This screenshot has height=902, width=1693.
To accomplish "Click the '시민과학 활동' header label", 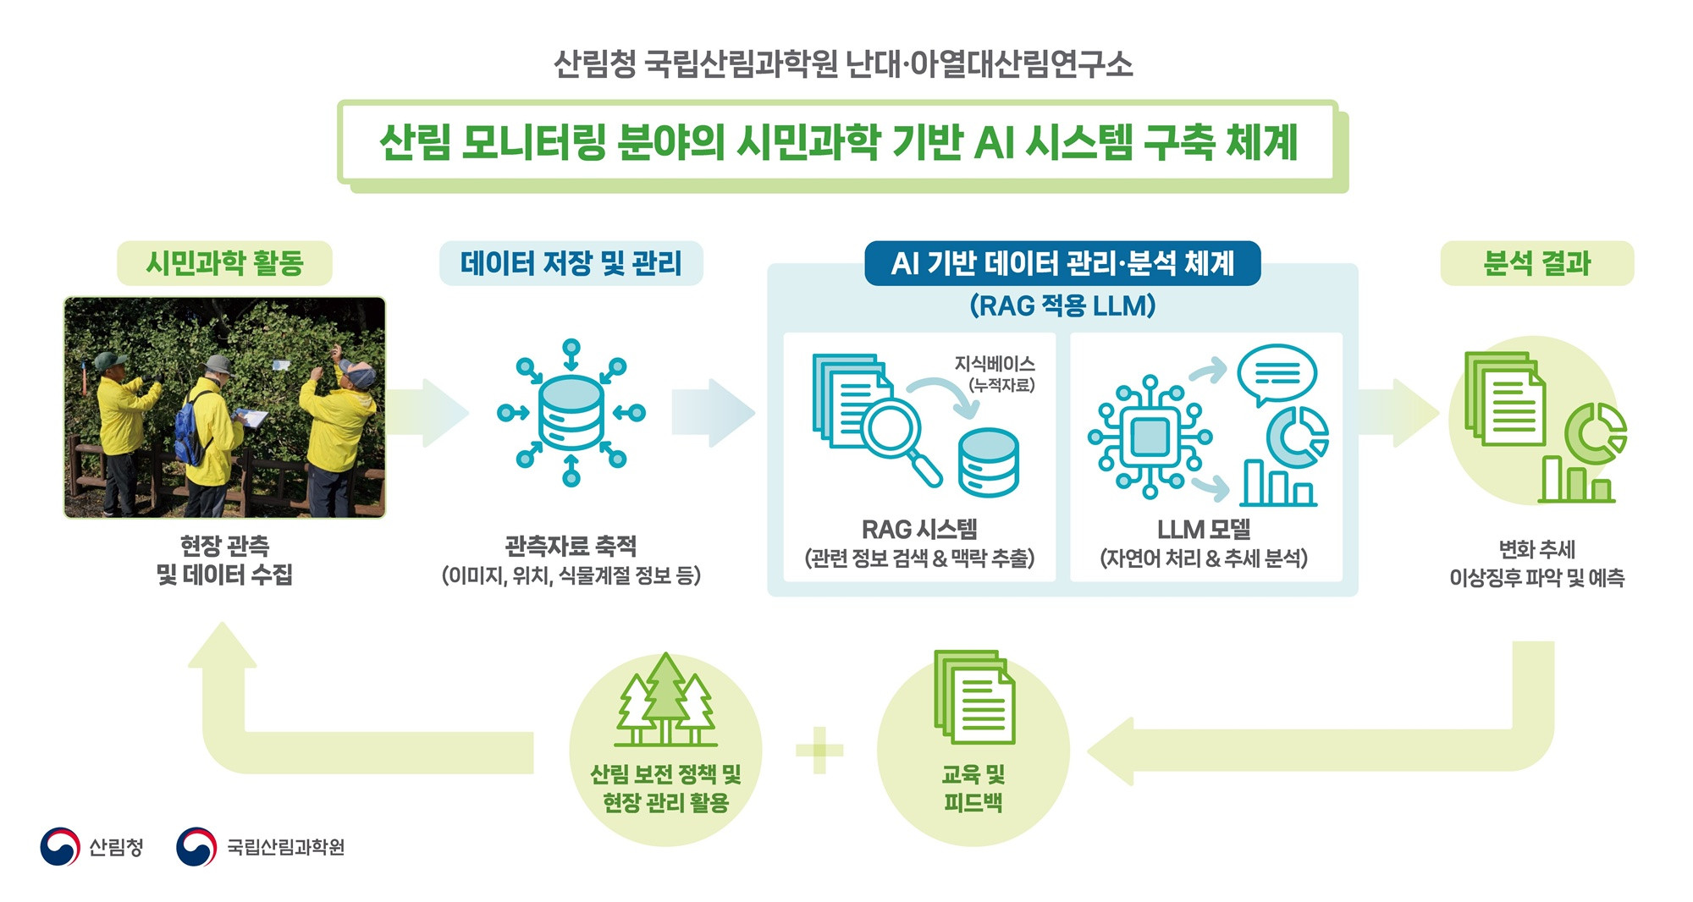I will coord(224,263).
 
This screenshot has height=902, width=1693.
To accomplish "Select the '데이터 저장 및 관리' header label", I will coord(571,263).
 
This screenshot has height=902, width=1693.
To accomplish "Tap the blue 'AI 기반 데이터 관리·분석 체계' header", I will coord(1062,263).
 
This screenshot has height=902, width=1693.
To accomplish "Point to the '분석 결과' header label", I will coord(1536,263).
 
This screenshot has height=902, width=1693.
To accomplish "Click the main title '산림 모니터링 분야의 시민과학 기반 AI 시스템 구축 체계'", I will coord(837,142).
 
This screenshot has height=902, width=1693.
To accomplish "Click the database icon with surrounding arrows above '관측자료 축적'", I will coord(571,414).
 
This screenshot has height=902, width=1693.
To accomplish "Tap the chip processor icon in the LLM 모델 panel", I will coord(1150,437).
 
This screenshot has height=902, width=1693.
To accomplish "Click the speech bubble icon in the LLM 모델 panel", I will coord(1277,374).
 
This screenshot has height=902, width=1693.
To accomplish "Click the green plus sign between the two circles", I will coord(819,750).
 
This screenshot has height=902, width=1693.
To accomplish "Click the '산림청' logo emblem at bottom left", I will coord(60,846).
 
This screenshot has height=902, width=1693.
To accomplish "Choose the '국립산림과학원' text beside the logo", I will coord(285,847).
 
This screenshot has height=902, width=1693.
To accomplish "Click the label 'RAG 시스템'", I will coord(919,530).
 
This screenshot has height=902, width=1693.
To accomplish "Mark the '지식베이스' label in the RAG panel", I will coord(995,364).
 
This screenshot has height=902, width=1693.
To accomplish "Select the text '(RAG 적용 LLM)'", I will coord(1062,305).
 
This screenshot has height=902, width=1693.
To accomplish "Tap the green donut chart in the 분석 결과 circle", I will coord(1595,432).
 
